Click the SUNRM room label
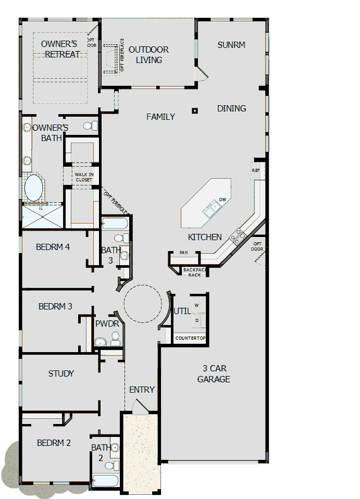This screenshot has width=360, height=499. [231, 45]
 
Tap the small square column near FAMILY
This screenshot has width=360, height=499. [194, 110]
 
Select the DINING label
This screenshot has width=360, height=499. [231, 108]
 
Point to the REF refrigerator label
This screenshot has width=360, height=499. [256, 170]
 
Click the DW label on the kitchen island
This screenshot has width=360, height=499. [222, 199]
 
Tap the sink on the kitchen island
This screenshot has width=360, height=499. [213, 209]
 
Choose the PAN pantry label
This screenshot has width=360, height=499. [183, 253]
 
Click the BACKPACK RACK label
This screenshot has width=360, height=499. [195, 272]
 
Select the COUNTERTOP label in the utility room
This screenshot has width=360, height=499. [190, 338]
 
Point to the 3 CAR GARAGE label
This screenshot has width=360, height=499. [214, 374]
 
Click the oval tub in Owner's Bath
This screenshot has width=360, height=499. [34, 188]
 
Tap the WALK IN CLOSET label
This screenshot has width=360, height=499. [83, 177]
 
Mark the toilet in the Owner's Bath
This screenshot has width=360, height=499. [91, 126]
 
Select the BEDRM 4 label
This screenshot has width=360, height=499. [53, 247]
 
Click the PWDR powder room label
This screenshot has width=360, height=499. [107, 323]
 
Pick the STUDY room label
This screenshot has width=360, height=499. [61, 373]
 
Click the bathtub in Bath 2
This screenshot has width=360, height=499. [106, 481]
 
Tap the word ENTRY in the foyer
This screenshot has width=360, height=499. [142, 390]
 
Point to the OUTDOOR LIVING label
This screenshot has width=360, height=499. [148, 55]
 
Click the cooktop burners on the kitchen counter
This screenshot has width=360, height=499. [239, 237]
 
